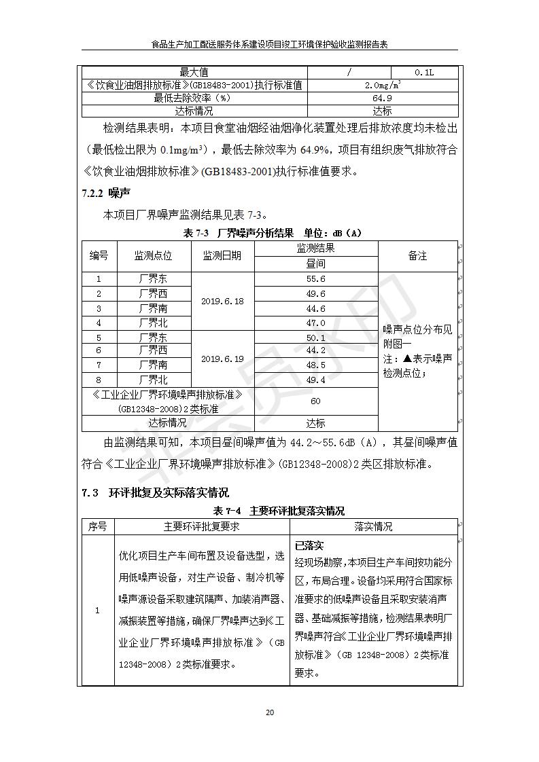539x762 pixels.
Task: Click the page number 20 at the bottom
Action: click(270, 712)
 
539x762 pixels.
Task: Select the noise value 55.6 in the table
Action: click(315, 279)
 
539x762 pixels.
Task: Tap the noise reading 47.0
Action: click(315, 323)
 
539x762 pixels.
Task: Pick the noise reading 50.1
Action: click(315, 338)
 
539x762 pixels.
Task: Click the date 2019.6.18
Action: click(222, 301)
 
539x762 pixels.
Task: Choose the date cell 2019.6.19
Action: click(222, 359)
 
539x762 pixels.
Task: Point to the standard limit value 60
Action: click(315, 401)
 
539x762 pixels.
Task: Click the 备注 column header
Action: click(417, 256)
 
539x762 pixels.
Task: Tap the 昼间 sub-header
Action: click(315, 264)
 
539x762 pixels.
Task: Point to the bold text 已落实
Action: click(309, 545)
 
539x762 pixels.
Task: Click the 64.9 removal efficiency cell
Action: click(383, 98)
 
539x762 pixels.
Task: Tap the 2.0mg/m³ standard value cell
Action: click(383, 85)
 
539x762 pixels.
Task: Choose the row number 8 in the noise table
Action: click(99, 380)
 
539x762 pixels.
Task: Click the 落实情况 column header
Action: click(373, 526)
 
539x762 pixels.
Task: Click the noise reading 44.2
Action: click(315, 350)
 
